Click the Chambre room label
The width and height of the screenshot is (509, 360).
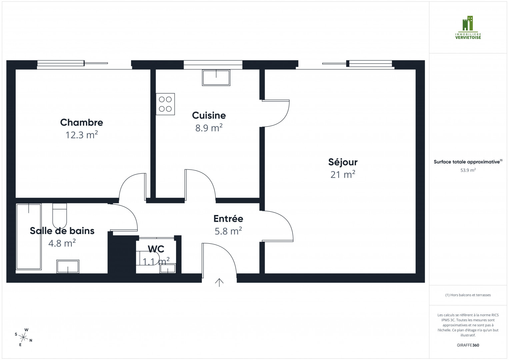tap(81, 122)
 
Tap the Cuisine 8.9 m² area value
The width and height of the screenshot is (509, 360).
tap(209, 128)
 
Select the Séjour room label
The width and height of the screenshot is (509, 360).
tap(343, 162)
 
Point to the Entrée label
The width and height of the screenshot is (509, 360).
tap(228, 219)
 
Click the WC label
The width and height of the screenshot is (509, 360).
tap(156, 249)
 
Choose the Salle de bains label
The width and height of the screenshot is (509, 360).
tap(62, 231)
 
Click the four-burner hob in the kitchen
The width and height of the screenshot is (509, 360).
tap(165, 104)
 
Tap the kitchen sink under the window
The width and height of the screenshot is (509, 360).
tap(216, 77)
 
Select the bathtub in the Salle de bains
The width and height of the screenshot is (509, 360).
tap(29, 236)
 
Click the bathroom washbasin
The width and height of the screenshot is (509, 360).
tap(68, 266)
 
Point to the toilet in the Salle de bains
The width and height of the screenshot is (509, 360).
tap(60, 215)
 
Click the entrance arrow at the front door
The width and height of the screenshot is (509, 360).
tap(219, 283)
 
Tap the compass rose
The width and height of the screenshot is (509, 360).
tap(24, 337)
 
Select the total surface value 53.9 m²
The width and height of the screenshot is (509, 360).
tap(468, 170)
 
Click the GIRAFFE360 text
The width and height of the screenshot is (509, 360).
tap(468, 345)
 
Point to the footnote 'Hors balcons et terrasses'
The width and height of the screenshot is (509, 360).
tap(468, 295)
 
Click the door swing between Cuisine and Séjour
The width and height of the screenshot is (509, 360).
tap(276, 113)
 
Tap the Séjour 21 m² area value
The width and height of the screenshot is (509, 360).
tap(343, 174)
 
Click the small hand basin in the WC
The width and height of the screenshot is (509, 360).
tap(167, 268)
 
